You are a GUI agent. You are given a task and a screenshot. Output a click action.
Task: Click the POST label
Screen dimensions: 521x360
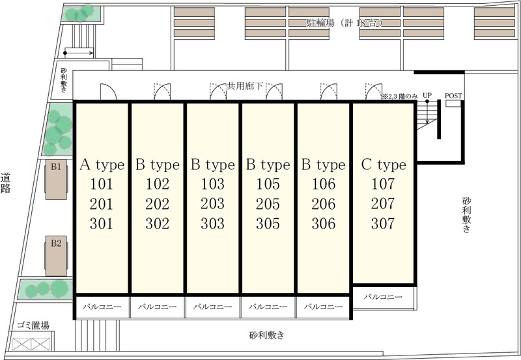coord(453,96)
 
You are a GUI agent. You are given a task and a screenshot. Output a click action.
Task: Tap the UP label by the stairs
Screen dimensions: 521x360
coord(427,95)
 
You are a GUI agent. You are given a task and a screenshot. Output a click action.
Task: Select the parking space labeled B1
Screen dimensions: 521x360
coord(56,179)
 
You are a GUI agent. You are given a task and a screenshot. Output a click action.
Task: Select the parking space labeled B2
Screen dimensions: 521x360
coord(56,256)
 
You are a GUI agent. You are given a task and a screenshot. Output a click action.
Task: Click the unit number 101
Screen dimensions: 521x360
coord(102,184)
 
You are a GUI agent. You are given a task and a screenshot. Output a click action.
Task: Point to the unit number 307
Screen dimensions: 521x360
coord(383,223)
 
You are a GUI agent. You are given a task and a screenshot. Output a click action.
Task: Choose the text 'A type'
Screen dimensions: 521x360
coord(102,165)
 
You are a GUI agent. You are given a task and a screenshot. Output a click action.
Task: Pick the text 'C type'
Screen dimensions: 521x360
coord(384,165)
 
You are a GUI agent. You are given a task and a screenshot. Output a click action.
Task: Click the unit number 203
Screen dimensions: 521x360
coord(213,204)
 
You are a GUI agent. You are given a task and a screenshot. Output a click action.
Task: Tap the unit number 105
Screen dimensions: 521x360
coord(268,184)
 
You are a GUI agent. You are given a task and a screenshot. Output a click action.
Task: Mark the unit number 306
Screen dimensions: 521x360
coord(323,223)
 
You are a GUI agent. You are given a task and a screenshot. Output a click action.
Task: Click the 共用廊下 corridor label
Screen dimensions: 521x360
coord(245,87)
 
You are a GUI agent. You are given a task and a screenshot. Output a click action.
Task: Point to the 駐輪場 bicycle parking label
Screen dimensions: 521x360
coord(320,23)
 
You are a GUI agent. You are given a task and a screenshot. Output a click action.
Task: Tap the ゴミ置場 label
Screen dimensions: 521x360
coord(33,325)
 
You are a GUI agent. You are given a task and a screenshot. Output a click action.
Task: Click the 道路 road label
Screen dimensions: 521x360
coord(6,183)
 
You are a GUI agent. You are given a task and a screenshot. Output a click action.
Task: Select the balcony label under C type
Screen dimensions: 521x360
coord(383,297)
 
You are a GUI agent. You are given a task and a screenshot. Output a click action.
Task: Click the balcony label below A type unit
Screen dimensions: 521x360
coord(102,307)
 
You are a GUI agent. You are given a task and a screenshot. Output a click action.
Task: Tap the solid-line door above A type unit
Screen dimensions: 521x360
coord(108,91)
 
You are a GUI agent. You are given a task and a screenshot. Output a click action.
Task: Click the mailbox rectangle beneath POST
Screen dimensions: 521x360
coord(453,104)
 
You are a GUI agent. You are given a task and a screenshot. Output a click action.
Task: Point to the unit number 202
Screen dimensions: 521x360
coord(157,204)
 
